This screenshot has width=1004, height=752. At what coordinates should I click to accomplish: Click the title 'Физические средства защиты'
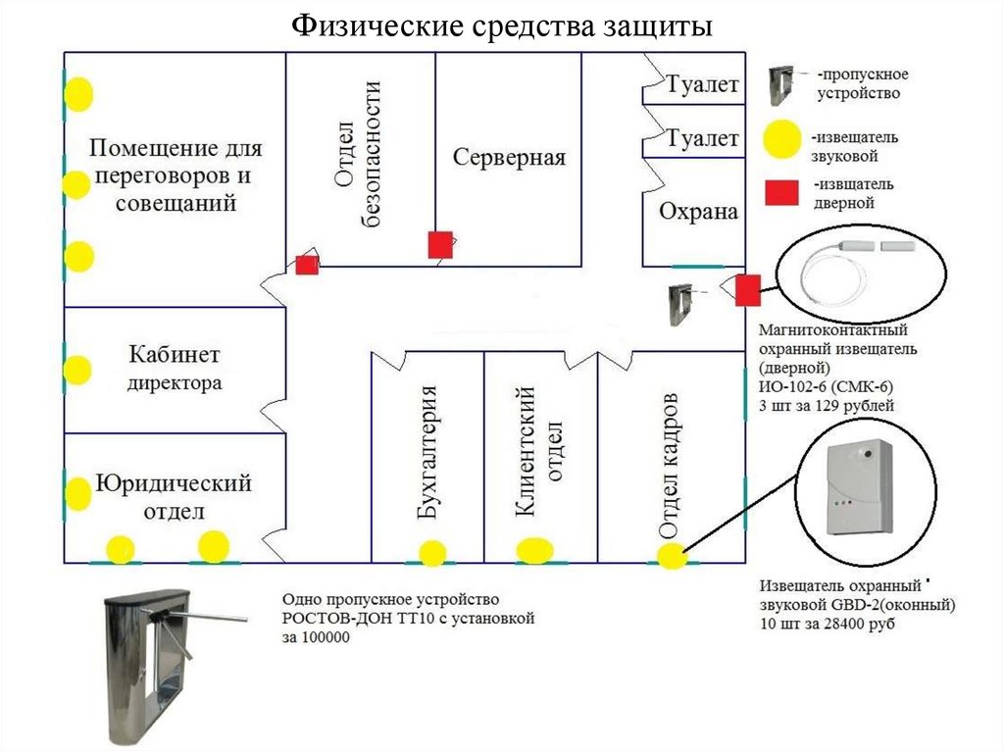tap(502, 26)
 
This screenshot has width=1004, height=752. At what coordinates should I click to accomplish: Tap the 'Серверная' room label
tap(509, 158)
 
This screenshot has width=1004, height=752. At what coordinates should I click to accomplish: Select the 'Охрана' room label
tap(698, 212)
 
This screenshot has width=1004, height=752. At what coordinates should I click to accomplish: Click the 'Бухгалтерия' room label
tap(427, 452)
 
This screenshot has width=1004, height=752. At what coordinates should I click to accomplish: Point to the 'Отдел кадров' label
tap(668, 466)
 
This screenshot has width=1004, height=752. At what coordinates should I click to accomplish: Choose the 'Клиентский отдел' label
tap(538, 451)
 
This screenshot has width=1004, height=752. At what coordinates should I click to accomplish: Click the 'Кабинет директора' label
tap(175, 368)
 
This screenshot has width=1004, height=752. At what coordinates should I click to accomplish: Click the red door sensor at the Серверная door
tap(440, 245)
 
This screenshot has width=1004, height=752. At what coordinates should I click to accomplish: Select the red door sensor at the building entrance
tap(747, 289)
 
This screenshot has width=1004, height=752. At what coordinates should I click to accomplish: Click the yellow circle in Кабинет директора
tap(78, 370)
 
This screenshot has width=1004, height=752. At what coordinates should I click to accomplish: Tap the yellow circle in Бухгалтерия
tap(432, 553)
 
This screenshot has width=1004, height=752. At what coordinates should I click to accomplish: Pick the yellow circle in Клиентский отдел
tap(535, 550)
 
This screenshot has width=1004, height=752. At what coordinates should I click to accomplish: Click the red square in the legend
tap(781, 193)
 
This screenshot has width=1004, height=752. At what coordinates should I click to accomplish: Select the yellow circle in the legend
tap(781, 139)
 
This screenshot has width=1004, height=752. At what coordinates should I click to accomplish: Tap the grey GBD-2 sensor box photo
tap(859, 487)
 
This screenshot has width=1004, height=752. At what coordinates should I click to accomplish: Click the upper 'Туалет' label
tap(703, 84)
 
